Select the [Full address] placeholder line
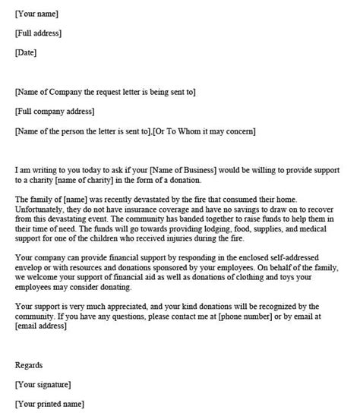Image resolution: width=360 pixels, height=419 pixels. (x=39, y=33)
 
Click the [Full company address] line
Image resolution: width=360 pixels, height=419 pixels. (x=55, y=112)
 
